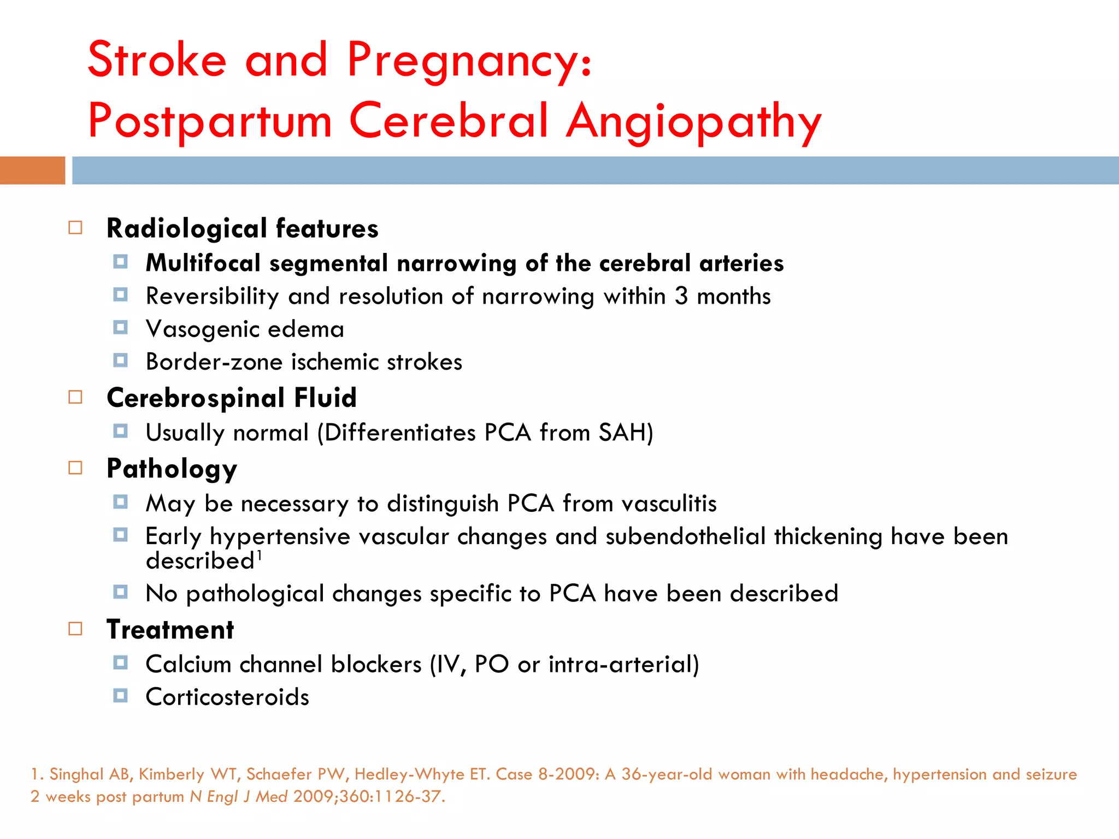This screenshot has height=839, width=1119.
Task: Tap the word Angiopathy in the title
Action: (x=693, y=121)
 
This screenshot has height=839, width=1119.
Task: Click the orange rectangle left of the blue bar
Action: (x=32, y=170)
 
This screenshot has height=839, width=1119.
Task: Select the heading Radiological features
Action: (x=242, y=228)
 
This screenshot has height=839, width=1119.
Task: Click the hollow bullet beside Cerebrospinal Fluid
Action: (x=75, y=397)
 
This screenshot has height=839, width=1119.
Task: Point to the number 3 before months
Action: (x=681, y=296)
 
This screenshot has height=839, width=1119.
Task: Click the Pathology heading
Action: (x=172, y=469)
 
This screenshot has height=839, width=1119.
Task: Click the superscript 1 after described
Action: (x=260, y=556)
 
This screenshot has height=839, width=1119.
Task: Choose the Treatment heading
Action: (x=170, y=630)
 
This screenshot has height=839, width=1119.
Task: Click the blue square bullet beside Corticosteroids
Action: (x=120, y=696)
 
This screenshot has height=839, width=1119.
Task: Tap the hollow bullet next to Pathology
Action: (x=75, y=468)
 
